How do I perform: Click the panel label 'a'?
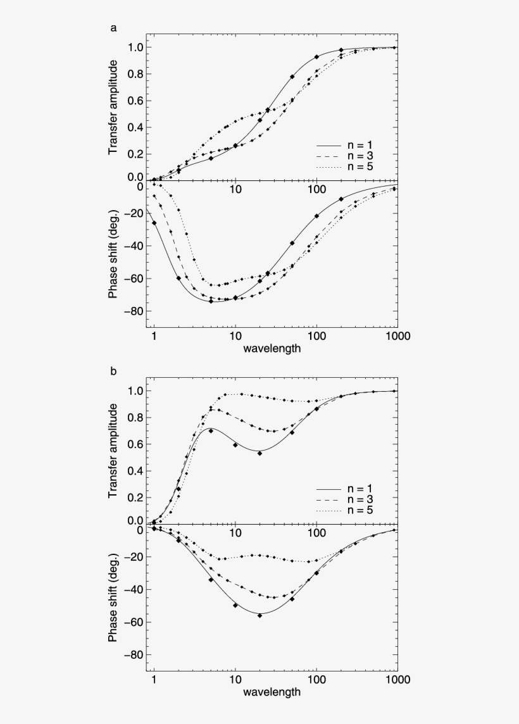click(x=113, y=28)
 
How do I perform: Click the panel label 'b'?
click(x=113, y=371)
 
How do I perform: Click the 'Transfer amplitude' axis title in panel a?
click(x=113, y=108)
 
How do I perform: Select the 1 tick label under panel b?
click(x=154, y=680)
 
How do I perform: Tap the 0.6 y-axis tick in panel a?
click(x=135, y=101)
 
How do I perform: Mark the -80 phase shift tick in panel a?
click(x=133, y=311)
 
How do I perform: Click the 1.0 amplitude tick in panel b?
click(x=135, y=391)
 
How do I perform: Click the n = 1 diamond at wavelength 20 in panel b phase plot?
click(x=259, y=615)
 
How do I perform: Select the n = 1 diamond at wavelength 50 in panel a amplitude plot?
click(x=292, y=77)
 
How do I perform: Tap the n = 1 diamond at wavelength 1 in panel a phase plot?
click(x=154, y=223)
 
